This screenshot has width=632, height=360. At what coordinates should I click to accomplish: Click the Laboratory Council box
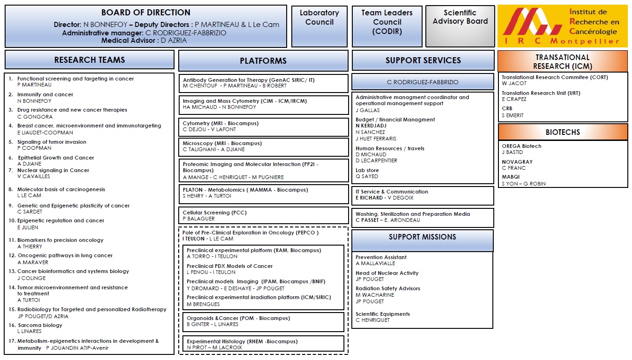(x=319, y=26)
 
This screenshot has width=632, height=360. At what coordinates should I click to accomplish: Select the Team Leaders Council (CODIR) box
(x=387, y=26)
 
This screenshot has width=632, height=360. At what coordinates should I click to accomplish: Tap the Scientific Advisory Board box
(x=460, y=26)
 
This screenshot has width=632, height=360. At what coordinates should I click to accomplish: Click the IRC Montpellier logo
(x=562, y=27)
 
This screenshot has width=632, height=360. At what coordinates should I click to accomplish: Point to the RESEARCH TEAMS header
(x=89, y=60)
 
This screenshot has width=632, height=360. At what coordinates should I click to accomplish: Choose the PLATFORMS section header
(x=263, y=61)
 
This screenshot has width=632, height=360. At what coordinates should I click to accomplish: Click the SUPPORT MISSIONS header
(x=422, y=237)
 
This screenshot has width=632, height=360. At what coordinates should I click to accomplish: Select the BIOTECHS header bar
(x=562, y=132)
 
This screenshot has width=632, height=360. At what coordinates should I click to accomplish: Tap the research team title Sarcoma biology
(x=40, y=325)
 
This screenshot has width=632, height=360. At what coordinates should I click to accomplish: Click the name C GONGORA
(x=35, y=117)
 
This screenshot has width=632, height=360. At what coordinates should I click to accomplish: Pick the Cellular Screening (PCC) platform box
(x=263, y=215)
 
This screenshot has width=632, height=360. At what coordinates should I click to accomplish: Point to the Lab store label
(x=367, y=170)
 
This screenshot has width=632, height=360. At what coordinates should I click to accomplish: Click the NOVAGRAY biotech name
(x=517, y=162)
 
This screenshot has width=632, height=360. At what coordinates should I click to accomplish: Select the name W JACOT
(x=514, y=84)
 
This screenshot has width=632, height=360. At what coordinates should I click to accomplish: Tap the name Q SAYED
(x=367, y=177)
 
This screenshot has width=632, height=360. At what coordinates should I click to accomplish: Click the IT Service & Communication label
(x=392, y=192)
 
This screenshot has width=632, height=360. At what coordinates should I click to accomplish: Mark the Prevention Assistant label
(x=381, y=257)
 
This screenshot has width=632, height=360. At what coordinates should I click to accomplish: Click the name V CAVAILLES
(x=34, y=177)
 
